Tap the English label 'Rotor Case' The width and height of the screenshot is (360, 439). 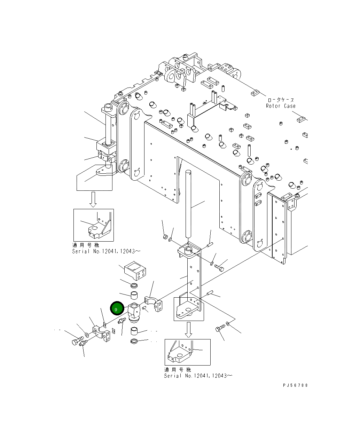[x=281, y=106]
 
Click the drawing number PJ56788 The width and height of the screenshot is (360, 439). [x=295, y=385]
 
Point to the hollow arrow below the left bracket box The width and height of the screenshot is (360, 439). [x=93, y=199]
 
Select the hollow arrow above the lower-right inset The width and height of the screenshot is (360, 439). [x=188, y=330]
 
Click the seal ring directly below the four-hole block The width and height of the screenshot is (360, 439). [x=134, y=286]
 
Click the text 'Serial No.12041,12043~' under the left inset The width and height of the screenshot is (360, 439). [x=107, y=251]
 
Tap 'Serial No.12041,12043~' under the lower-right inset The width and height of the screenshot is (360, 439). [x=199, y=376]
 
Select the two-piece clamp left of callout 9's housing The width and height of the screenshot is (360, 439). [x=101, y=333]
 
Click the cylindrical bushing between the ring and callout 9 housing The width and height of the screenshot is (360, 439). [x=135, y=296]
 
